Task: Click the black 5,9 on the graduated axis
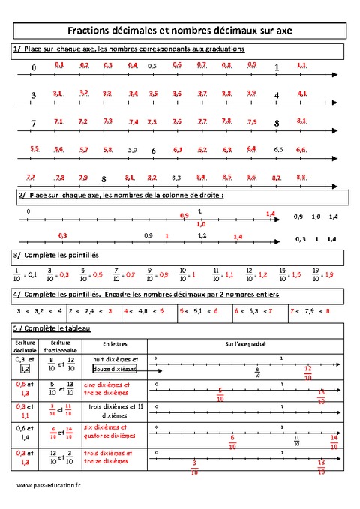tap(133, 150)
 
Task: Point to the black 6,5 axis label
tap(278, 150)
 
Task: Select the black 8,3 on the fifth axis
tap(176, 178)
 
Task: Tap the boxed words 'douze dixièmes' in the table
tap(115, 369)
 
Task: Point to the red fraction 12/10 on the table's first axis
tap(308, 373)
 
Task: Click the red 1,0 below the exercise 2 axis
tap(200, 223)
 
